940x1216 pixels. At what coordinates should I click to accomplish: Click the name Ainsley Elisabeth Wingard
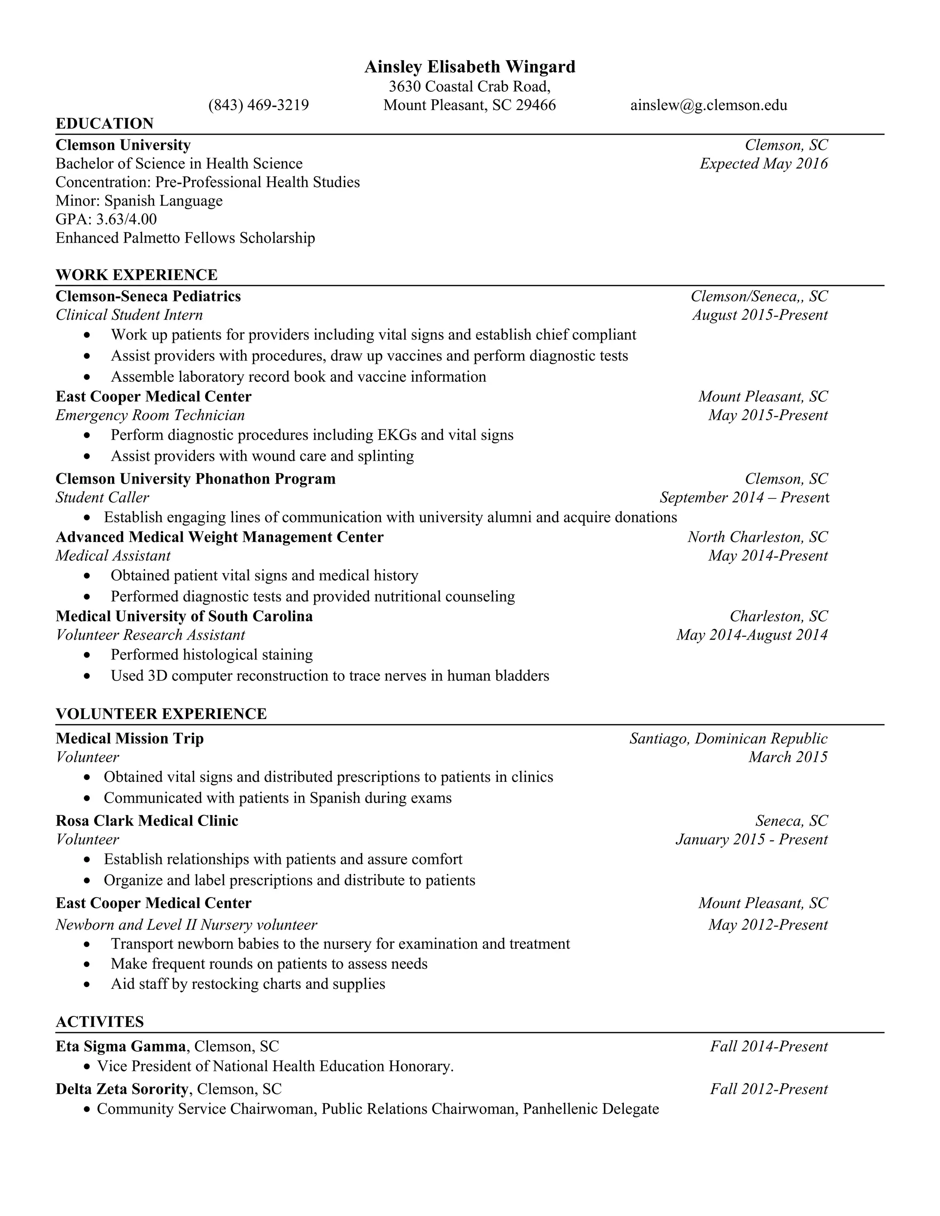tap(470, 67)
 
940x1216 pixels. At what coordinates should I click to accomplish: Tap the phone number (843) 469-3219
tap(258, 105)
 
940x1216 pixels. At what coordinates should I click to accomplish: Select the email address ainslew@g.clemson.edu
tap(708, 105)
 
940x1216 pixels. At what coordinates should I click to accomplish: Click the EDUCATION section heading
tap(104, 123)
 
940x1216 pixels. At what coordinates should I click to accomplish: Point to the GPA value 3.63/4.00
tap(126, 219)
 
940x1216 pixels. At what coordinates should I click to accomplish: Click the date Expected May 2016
tap(763, 164)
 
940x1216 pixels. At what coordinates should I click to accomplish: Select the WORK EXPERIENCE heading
tap(136, 275)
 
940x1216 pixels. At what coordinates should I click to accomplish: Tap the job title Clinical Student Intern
tap(129, 315)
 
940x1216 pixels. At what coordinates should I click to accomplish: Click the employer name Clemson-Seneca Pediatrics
tap(148, 296)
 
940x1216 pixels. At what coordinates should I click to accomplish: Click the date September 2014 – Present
tap(744, 497)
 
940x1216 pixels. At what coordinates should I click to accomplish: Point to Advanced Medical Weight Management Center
tap(219, 537)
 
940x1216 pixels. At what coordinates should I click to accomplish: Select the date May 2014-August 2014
tap(752, 635)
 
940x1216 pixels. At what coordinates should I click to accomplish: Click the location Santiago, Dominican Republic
tap(728, 739)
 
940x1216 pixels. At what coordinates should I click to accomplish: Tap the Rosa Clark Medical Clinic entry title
tap(147, 821)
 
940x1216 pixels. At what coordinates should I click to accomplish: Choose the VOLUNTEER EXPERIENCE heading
tap(161, 714)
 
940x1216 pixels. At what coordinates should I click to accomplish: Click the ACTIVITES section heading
tap(100, 1022)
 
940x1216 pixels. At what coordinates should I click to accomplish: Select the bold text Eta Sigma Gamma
tap(121, 1047)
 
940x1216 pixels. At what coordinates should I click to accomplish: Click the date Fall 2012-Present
tap(768, 1089)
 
